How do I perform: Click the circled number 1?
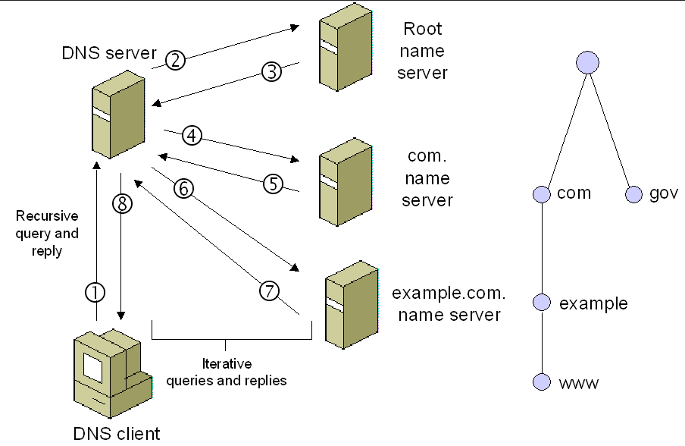[95, 291]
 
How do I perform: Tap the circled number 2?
[175, 61]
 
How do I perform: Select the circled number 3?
[271, 72]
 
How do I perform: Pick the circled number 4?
[192, 136]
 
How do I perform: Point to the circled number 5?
[273, 183]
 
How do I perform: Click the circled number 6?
[183, 189]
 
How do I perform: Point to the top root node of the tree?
[587, 62]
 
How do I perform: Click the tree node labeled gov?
[634, 195]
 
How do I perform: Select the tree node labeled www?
[540, 382]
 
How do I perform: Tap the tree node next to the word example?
[540, 303]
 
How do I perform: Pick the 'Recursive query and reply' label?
[47, 234]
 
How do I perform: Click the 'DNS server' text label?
[110, 54]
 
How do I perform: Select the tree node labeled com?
[540, 194]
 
